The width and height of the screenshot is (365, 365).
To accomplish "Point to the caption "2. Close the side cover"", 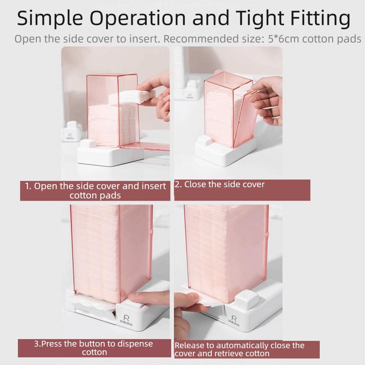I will point(219,184).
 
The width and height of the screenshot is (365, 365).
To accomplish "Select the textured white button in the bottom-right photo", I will point(246,299).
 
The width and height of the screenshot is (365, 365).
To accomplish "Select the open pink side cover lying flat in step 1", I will point(146,147).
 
